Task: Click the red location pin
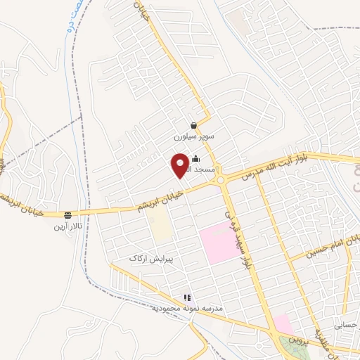[180, 165]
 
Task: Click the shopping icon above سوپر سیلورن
[193, 126]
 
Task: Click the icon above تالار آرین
[67, 215]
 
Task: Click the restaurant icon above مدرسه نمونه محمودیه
[187, 298]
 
